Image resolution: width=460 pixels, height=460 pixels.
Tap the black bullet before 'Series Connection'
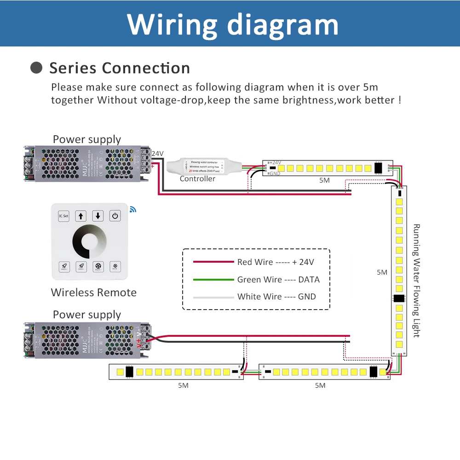point(36,68)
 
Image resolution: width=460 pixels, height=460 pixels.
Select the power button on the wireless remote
point(115,215)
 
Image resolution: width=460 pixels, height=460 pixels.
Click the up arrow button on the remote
point(81,215)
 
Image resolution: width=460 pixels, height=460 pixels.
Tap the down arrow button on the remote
point(98,215)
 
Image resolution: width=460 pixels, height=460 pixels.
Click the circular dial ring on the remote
point(89,241)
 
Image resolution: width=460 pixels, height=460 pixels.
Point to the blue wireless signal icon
point(133,209)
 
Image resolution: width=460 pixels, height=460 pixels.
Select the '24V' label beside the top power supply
point(157,154)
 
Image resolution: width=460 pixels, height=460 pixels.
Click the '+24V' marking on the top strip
point(275,163)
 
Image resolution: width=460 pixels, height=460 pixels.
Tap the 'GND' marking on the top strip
point(275,173)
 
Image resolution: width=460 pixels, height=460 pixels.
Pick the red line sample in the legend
point(213,262)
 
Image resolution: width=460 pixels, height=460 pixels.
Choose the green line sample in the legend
point(213,279)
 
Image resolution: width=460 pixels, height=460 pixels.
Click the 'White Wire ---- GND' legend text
point(276,297)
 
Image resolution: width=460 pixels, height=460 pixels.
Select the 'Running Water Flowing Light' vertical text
point(416,281)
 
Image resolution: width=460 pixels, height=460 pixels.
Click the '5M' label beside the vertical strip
point(382,272)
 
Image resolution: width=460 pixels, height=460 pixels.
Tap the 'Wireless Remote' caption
point(94,293)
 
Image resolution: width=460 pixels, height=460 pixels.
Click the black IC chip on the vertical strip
point(398,298)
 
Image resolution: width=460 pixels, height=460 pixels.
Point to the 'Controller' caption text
point(197,179)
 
